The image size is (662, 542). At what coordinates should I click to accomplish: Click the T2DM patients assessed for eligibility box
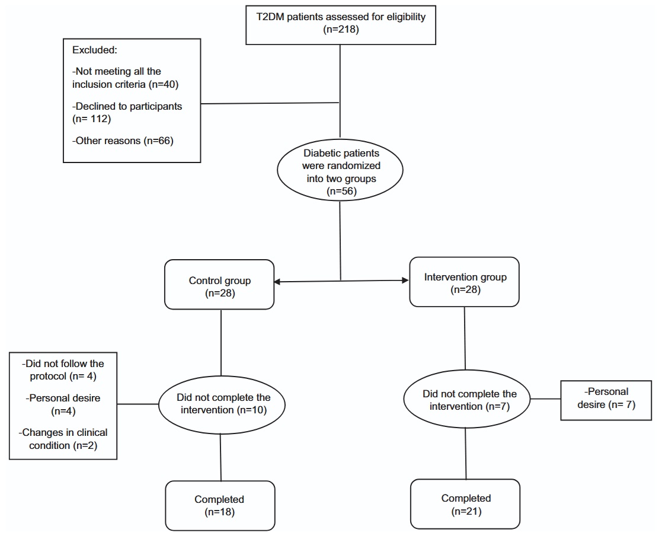[341, 25]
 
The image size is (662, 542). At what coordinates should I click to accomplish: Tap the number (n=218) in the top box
[341, 30]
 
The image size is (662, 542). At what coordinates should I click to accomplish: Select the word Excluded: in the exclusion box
[95, 50]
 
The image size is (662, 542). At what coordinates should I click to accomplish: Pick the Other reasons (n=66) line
[123, 141]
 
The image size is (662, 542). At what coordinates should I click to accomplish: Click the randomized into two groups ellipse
[340, 170]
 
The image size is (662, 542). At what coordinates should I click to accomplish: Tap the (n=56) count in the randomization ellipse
[341, 192]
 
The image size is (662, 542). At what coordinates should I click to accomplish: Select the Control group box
[219, 284]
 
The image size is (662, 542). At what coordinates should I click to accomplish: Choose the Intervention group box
[465, 282]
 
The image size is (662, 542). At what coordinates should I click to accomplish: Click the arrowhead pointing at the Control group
[277, 282]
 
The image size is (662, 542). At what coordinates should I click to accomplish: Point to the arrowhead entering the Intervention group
[406, 280]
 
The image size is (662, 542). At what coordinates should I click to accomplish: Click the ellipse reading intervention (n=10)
[222, 404]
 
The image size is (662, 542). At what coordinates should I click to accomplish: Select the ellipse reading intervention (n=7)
[467, 399]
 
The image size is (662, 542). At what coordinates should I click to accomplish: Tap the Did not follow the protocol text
[63, 370]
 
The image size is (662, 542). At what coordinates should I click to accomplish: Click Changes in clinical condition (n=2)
[63, 439]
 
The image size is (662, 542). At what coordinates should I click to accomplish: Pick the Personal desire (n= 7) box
[606, 400]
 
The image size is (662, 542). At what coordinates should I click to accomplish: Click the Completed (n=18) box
[220, 506]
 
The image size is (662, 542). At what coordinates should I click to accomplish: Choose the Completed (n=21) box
[465, 504]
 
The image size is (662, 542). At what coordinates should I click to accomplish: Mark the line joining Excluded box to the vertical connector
[270, 103]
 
